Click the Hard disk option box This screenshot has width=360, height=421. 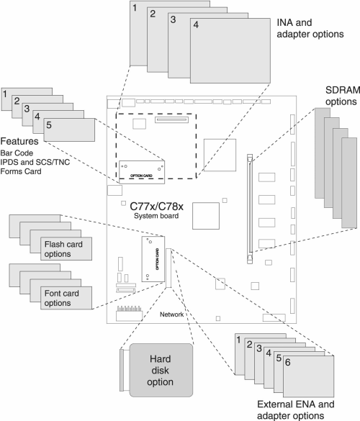pos(161,370)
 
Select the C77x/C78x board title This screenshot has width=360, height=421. pos(157,207)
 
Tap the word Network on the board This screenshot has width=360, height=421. pos(171,314)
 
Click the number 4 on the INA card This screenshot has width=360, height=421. pos(196,24)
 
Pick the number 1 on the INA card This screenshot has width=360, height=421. pos(135,8)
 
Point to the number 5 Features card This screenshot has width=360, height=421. pos(69,130)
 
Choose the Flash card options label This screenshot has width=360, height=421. pos(63,249)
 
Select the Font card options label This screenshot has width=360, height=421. pos(61,298)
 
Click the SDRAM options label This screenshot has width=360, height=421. pos(343,96)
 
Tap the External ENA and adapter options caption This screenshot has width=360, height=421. pos(295,409)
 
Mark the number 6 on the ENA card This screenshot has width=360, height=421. pos(288,363)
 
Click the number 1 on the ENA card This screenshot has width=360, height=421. pos(238,340)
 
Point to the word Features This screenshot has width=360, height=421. pos(19,141)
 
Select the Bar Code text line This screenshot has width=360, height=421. pos(17,153)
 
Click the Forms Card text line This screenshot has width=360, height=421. pos(21,171)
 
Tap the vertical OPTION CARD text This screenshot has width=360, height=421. pos(157,259)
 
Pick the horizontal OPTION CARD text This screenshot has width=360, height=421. pos(141,176)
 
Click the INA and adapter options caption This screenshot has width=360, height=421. pos(310,29)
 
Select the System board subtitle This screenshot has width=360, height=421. pos(156,216)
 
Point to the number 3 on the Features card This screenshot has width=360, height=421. pos(27,109)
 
